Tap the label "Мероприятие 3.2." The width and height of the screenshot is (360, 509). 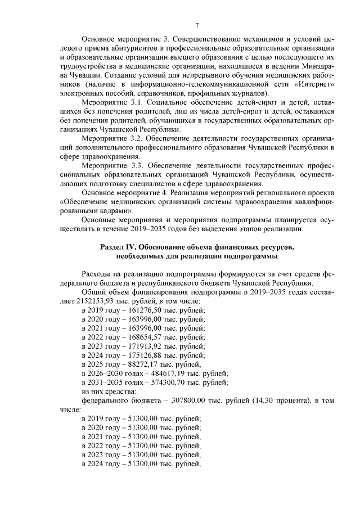pos(113,138)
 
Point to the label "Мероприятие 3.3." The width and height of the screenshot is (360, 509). pos(113,166)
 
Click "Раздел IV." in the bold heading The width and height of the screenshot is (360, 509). pos(118,247)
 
